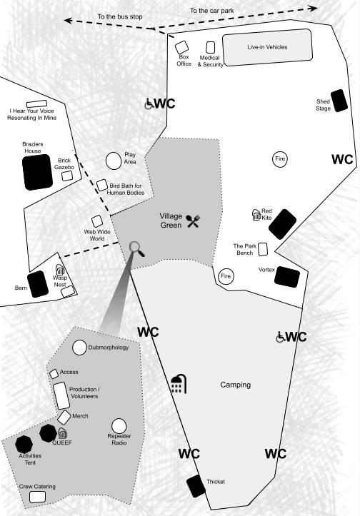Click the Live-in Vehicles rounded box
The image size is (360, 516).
(x=267, y=47)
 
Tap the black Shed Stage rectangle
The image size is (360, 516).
(x=339, y=101)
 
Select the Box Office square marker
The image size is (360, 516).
(x=181, y=47)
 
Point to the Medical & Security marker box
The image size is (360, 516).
(x=210, y=47)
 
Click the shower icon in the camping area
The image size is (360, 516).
(x=179, y=384)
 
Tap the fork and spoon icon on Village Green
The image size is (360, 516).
(x=193, y=221)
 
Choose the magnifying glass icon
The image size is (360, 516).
(x=136, y=248)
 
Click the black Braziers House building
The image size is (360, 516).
(x=37, y=172)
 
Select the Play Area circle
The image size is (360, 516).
(x=114, y=161)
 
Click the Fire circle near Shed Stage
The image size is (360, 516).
(x=280, y=159)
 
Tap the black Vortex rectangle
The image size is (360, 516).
(x=287, y=277)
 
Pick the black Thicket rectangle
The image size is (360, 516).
(x=196, y=486)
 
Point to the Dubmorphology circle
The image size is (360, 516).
(x=79, y=348)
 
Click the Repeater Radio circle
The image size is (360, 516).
(x=119, y=426)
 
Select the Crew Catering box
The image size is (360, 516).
(x=37, y=497)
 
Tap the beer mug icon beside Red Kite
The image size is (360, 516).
(x=256, y=215)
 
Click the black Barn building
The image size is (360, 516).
(x=38, y=284)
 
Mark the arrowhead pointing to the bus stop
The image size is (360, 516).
(x=68, y=21)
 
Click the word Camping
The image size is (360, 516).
(x=236, y=385)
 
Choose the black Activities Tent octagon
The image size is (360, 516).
(x=24, y=444)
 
